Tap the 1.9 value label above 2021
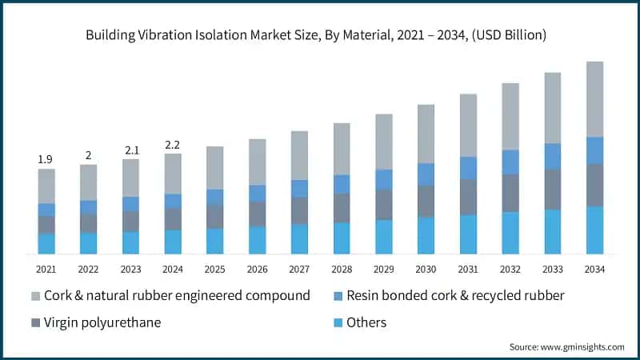pos(46,160)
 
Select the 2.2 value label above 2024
pos(173,145)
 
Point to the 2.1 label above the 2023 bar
pos(130,150)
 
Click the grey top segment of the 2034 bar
pos(594,99)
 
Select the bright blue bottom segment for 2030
pos(426,235)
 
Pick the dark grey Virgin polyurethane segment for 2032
pos(510,193)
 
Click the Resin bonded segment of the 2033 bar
pos(553,156)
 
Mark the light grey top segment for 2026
pos(258,162)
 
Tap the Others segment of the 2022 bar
pos(89,243)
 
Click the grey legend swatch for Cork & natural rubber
pos(34,296)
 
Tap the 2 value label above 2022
pos(89,155)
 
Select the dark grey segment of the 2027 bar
pos(299,210)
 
